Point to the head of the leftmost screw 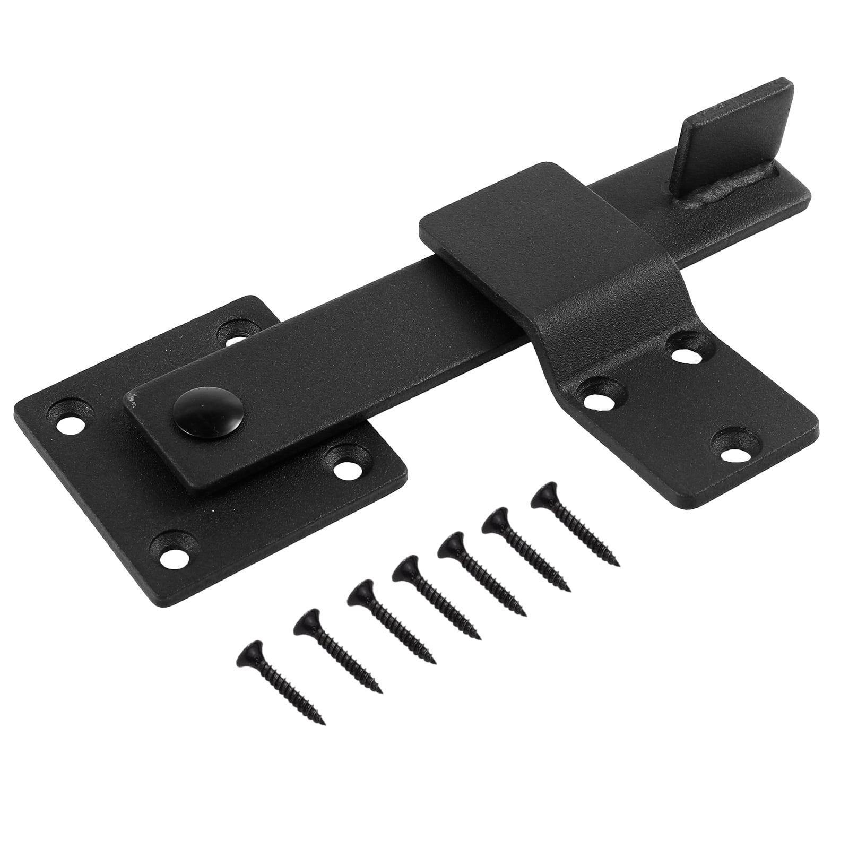click(x=249, y=651)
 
